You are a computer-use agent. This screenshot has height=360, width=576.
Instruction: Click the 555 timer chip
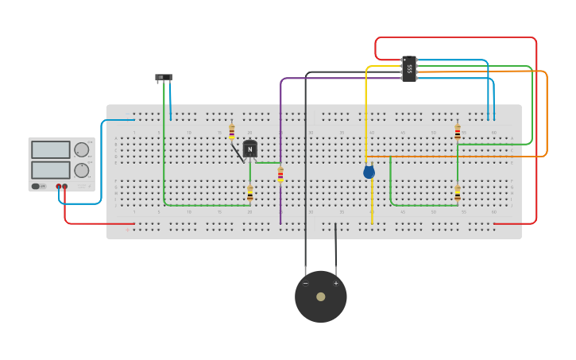point(409,68)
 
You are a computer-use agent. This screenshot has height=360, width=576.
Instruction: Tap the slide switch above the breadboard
point(163,77)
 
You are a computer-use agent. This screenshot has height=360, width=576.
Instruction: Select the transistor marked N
point(249,149)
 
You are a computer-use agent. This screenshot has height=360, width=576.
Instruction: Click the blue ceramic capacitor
point(369,171)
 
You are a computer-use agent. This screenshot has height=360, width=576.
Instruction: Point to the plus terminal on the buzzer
point(335,283)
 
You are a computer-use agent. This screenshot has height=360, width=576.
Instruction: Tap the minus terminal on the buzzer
point(305,283)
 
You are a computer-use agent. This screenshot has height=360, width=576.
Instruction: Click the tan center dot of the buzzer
point(320,296)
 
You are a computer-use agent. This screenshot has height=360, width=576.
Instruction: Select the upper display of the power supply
point(51,149)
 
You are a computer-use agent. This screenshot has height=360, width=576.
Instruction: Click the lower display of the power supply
point(51,170)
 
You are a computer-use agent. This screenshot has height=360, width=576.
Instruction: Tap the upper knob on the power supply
point(82,149)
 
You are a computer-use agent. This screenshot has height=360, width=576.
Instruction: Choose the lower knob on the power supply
point(82,170)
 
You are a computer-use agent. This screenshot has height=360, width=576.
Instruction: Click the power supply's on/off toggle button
point(37,186)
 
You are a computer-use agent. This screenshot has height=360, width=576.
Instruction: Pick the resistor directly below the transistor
point(249,193)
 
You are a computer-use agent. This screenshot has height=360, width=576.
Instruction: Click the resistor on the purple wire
point(280,175)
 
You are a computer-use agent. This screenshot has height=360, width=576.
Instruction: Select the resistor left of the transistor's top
point(231,132)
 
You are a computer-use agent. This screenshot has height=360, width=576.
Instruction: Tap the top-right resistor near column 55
point(458,133)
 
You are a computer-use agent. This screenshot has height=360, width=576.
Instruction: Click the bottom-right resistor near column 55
point(458,193)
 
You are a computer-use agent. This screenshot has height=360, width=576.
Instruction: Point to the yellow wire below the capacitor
point(372,203)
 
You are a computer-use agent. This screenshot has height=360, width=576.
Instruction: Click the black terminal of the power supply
point(58,186)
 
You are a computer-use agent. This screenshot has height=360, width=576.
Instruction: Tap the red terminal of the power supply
point(65,186)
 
